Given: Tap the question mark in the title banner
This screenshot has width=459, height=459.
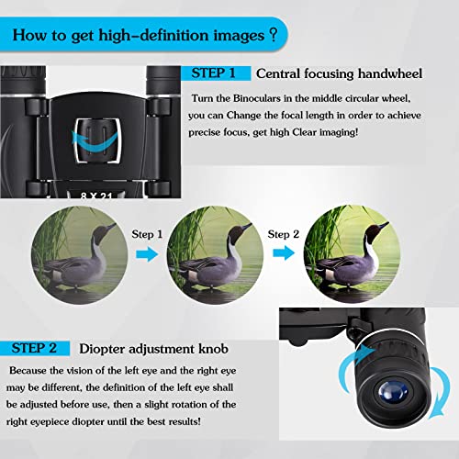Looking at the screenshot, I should (272, 37).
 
